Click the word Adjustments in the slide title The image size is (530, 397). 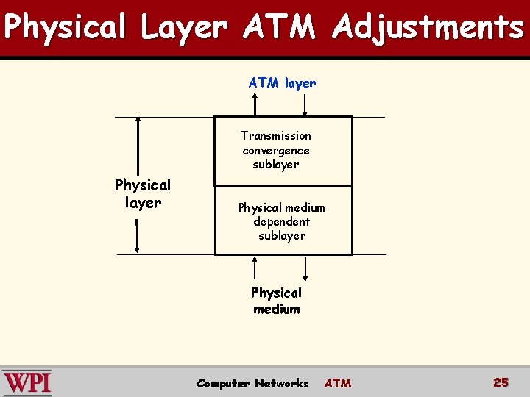tap(428, 28)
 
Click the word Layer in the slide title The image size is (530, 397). tap(184, 28)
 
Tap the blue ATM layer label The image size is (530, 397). tap(282, 83)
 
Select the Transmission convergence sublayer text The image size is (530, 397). tap(276, 150)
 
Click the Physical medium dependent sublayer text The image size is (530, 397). tap(281, 221)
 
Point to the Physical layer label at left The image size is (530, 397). tap(142, 193)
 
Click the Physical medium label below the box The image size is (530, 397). tap(276, 301)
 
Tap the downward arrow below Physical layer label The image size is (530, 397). tap(138, 235)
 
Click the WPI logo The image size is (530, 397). tap(27, 383)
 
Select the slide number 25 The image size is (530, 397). tap(501, 382)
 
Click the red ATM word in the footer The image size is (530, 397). tap(338, 383)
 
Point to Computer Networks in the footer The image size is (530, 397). tap(252, 383)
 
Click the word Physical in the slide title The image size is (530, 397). tap(66, 28)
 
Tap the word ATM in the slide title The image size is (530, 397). tap(279, 28)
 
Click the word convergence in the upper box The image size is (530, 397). tap(276, 150)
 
